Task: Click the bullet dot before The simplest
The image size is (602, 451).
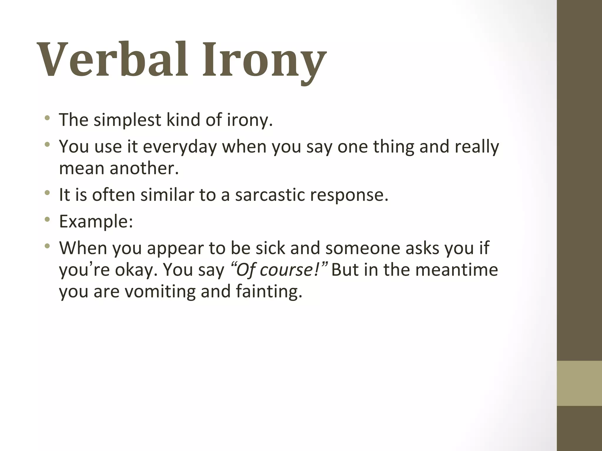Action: [x=47, y=118]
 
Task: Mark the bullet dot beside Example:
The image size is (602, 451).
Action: [x=47, y=220]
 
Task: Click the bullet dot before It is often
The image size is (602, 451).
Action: [x=47, y=193]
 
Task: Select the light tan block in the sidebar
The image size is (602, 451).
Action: [x=579, y=383]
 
